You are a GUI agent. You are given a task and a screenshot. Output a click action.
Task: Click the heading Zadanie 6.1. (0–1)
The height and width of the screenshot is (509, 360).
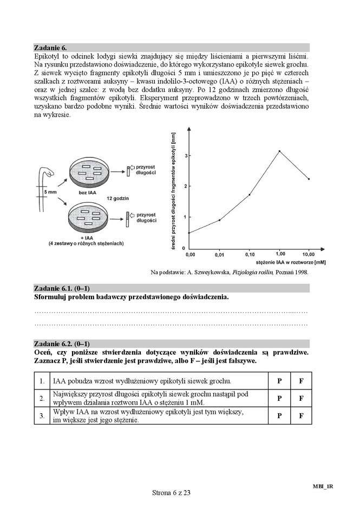point(62,288)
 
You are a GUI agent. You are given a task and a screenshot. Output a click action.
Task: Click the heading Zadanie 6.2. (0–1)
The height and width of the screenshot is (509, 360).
point(62,343)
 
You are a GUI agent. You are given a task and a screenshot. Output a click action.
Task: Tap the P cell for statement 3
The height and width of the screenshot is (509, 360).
point(279,416)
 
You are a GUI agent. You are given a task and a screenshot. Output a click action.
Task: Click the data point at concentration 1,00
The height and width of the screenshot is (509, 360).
point(279,151)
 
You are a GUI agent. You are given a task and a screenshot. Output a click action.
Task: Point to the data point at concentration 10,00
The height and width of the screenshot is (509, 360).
point(309,179)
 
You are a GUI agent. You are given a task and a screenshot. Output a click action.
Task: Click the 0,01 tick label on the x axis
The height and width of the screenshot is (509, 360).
point(219,254)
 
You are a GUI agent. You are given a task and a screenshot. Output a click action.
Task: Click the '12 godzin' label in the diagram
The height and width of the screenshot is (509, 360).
point(117,199)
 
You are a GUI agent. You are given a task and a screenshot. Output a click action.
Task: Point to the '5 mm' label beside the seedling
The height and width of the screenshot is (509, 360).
point(50,191)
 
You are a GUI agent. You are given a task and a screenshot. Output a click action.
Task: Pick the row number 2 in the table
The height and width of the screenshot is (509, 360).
point(41,398)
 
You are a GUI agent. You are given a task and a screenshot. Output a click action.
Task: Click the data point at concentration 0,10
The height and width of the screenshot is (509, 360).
point(249,194)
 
